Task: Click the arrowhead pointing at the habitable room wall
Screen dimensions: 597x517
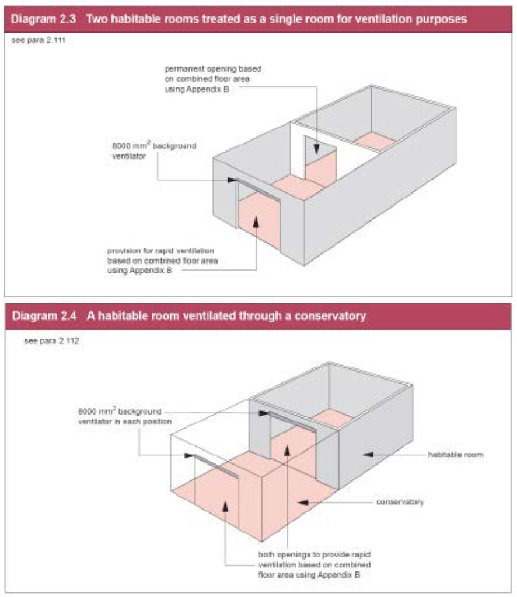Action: (366, 454)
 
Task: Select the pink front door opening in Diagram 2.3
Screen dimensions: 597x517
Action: (259, 221)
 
